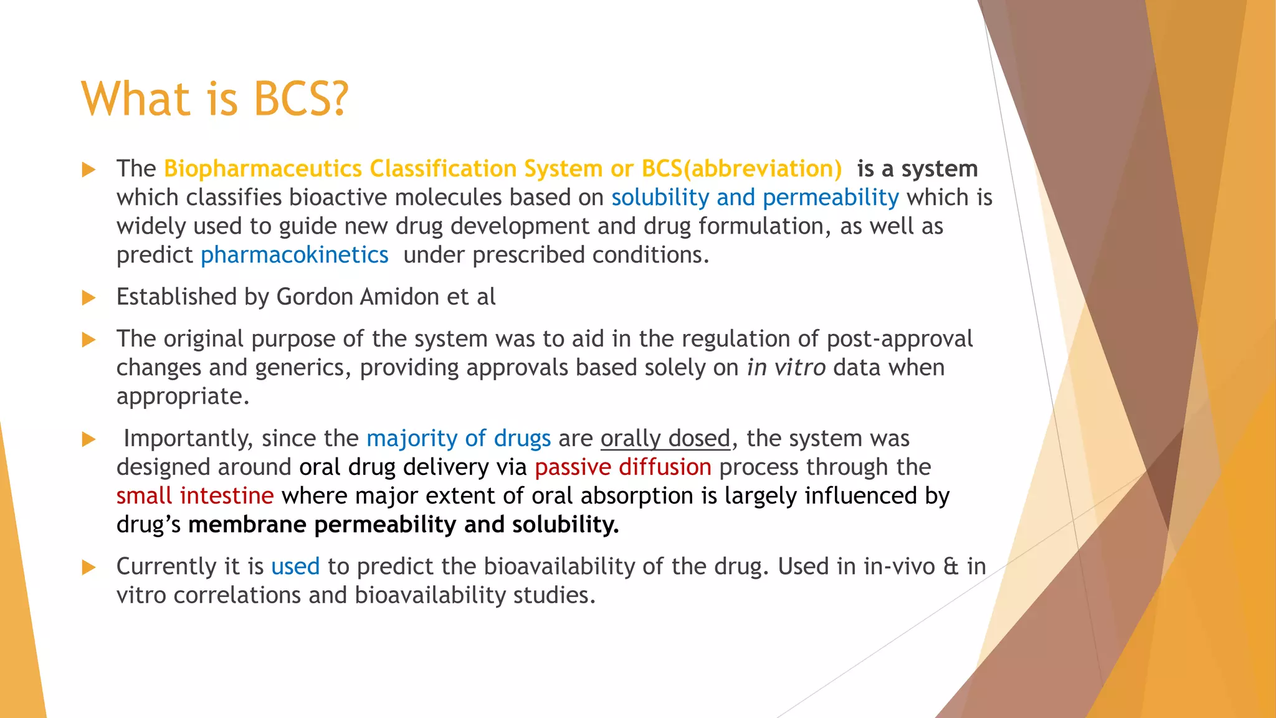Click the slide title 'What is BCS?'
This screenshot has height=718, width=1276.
tap(215, 98)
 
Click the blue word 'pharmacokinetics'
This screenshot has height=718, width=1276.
tap(294, 255)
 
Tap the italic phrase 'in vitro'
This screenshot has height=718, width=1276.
tap(786, 368)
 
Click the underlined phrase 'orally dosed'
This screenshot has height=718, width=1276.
tap(665, 439)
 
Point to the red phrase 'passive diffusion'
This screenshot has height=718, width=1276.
tap(622, 467)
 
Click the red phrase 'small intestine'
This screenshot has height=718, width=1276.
tap(195, 496)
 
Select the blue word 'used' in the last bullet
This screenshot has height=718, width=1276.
tap(295, 567)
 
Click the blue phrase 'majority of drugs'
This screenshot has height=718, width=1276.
tap(458, 439)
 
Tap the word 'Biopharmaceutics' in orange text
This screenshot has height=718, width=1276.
tap(262, 169)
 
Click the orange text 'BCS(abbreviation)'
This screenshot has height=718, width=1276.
tap(741, 169)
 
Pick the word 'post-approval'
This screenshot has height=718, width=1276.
tap(899, 339)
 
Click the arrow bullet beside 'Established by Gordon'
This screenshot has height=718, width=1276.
tap(89, 298)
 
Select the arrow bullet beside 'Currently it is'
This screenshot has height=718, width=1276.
tap(89, 567)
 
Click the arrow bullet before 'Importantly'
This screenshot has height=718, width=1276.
tap(89, 439)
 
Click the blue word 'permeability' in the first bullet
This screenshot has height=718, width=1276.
tap(831, 198)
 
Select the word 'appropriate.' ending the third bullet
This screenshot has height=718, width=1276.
tap(183, 396)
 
